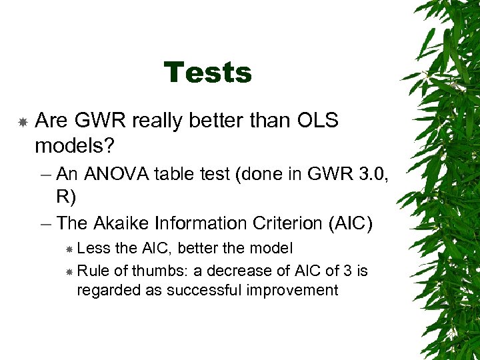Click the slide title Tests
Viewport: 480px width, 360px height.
(x=208, y=73)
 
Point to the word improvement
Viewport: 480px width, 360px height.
(x=297, y=290)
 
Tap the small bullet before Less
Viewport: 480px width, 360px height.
(x=70, y=249)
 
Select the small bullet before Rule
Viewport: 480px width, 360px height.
(x=70, y=272)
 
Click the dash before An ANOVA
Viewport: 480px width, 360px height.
(x=45, y=175)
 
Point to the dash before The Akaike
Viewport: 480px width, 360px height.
(x=45, y=223)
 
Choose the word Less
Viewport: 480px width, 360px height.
(x=94, y=249)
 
